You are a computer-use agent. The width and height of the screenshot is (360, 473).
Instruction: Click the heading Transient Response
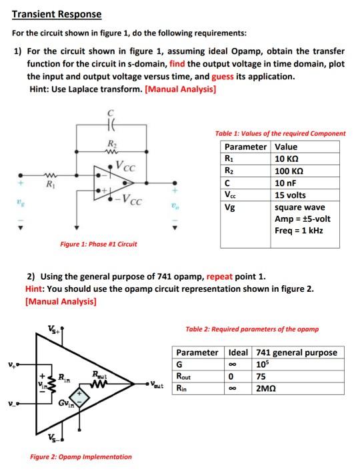click(57, 14)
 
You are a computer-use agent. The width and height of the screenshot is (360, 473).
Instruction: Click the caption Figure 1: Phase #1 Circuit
click(99, 244)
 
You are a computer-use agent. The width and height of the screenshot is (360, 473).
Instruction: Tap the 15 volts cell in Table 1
click(290, 195)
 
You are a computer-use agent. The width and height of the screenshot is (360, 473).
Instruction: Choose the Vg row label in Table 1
click(230, 207)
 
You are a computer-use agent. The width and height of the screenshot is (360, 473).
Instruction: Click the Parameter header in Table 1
click(245, 147)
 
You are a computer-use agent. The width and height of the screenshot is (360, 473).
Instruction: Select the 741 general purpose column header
click(296, 352)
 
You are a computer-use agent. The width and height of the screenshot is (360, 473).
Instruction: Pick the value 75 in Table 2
click(261, 376)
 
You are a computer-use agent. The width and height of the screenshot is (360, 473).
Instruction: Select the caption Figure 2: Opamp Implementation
click(81, 456)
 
